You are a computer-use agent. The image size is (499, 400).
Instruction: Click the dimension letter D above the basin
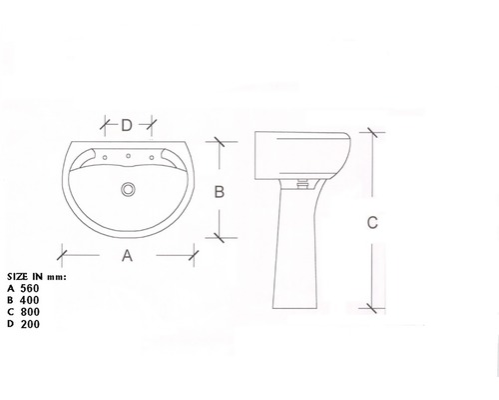point(127,125)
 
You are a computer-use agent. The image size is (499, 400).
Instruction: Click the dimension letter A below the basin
point(127,256)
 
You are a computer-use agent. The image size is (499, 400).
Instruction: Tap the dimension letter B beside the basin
point(220,192)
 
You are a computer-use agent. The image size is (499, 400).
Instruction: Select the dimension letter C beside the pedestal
point(372,222)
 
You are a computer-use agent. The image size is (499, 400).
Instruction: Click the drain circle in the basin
point(128,189)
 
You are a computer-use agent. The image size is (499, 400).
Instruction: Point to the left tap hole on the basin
point(105,157)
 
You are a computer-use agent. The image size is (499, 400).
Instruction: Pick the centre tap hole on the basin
point(128,156)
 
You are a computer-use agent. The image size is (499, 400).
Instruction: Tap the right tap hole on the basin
point(152,157)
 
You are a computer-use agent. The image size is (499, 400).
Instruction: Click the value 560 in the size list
point(30,288)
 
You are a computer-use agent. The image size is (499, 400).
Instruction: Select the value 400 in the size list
point(30,300)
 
